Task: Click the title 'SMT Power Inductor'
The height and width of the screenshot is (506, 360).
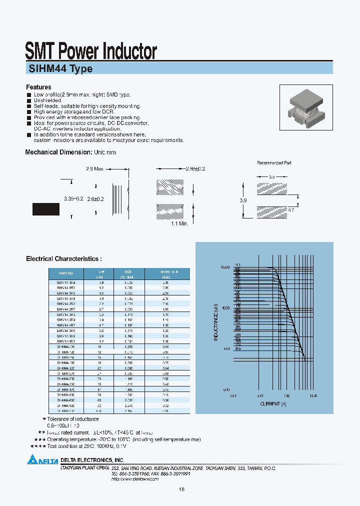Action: (91, 51)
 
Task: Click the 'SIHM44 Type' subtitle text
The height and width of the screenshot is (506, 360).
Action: (59, 69)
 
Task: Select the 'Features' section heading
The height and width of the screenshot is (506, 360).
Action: (38, 87)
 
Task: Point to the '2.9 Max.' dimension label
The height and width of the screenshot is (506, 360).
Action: (94, 169)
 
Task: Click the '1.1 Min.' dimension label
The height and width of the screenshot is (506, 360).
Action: (179, 223)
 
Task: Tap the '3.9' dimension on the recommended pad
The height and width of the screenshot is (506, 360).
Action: (243, 200)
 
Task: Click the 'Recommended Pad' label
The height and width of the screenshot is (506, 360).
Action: (274, 163)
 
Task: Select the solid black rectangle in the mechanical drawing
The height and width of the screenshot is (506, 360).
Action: (46, 209)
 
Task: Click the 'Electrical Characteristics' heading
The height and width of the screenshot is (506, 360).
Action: (63, 259)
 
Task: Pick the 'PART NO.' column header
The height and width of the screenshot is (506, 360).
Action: (66, 273)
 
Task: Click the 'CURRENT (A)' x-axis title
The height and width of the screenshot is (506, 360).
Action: (273, 403)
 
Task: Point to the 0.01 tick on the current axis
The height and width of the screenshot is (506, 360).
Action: (233, 395)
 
